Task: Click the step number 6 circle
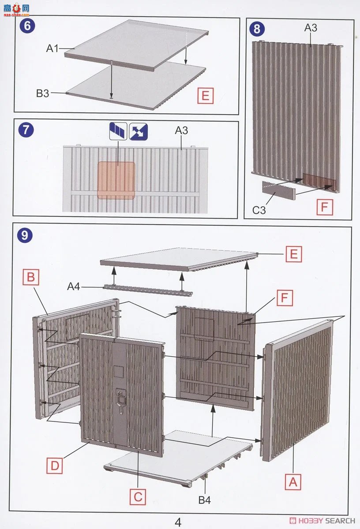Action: coord(27,26)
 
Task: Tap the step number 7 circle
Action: coord(26,130)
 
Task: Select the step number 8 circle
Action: coord(257,29)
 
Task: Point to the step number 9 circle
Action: coord(25,235)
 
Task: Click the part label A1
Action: coord(52,48)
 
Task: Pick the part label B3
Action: coord(42,93)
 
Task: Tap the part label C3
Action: coord(259,210)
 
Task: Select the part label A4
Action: coord(74,287)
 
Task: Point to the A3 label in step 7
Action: coord(181,130)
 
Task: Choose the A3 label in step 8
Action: coord(311,28)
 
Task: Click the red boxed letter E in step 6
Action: coord(206,96)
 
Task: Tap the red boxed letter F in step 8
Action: coord(325,207)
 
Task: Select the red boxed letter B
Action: coord(31,277)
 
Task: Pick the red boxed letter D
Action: coord(55,466)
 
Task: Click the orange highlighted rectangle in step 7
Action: coord(116,180)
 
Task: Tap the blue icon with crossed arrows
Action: coord(139,131)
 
